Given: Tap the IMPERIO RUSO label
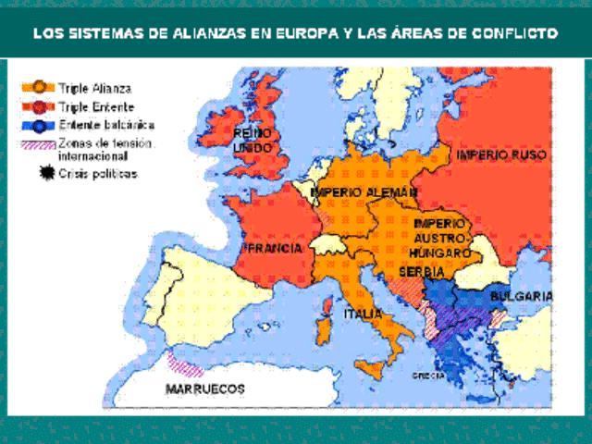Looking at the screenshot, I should click(501, 154).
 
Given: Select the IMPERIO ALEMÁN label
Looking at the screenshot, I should click(364, 191).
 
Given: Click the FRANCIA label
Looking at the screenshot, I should click(274, 250).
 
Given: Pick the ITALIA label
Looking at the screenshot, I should click(363, 314).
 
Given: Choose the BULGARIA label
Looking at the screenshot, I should click(521, 296).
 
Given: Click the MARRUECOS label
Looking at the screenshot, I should click(205, 389).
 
